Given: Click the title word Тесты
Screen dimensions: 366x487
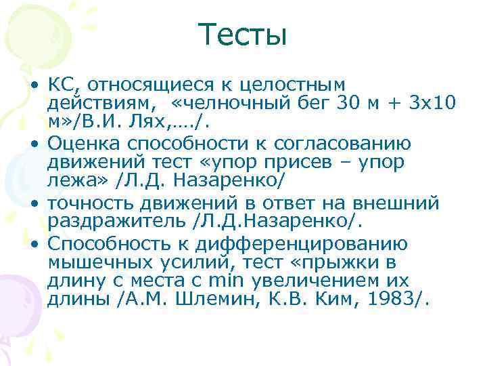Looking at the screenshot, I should coord(243,34).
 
